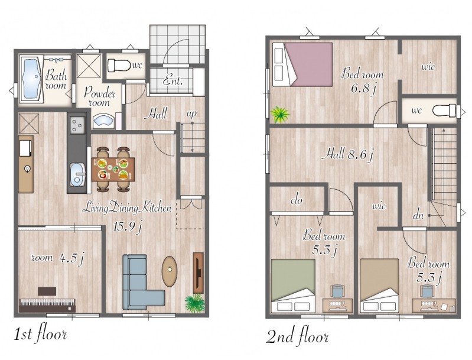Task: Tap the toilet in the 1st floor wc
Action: point(119,66)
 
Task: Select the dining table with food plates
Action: point(113,169)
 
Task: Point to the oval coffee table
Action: point(170,271)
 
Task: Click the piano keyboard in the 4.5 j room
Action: point(47,305)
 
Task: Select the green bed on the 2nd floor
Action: point(293,286)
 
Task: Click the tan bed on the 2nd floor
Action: point(379,286)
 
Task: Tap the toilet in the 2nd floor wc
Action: point(445,111)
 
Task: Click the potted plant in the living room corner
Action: point(195,303)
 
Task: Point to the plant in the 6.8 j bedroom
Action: point(279,114)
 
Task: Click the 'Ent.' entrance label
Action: point(172,80)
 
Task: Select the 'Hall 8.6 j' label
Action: point(347,155)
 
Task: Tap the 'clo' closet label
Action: point(297,200)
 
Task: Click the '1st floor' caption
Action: point(40,334)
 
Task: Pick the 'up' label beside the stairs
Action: point(191,114)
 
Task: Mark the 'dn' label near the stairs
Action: point(418,215)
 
